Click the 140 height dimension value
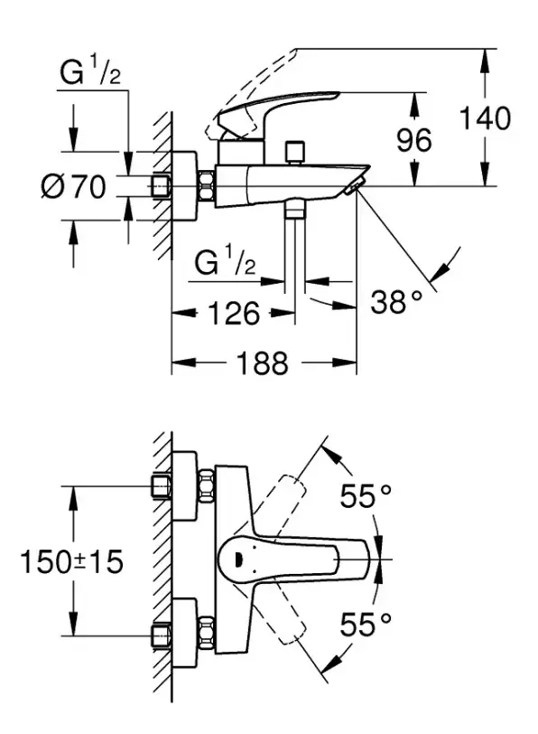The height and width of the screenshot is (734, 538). coord(485,118)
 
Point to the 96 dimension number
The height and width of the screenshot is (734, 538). coord(414,139)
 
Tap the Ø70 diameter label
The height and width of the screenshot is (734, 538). coord(74,187)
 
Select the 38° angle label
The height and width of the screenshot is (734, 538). coord(396,302)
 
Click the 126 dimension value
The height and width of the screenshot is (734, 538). coord(233,313)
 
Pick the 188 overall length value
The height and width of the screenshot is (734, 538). coord(262,362)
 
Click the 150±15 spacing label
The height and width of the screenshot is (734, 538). coord(71,561)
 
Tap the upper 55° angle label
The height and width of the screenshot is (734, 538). coord(365,495)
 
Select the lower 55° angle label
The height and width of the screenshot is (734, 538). coord(365,624)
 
